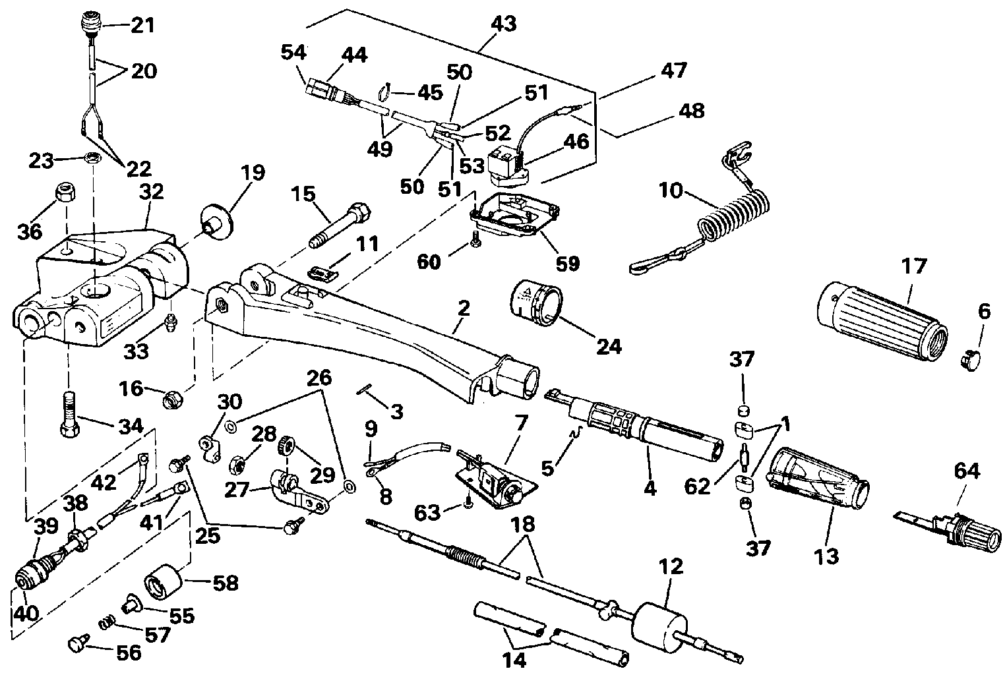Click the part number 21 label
pyautogui.click(x=141, y=26)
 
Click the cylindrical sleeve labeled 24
pyautogui.click(x=538, y=302)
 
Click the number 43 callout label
pyautogui.click(x=503, y=24)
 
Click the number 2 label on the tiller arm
pyautogui.click(x=464, y=307)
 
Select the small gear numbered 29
pyautogui.click(x=287, y=446)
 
